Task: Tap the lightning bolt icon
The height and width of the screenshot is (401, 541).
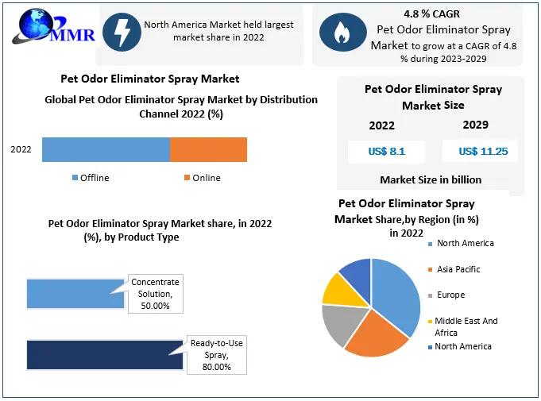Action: point(122,32)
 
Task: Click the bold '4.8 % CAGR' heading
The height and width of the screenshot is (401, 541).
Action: point(431,13)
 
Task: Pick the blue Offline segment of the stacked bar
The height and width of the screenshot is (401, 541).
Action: point(106,149)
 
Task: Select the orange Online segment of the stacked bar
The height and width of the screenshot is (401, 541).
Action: point(208,149)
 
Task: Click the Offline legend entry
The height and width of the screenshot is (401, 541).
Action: point(91,178)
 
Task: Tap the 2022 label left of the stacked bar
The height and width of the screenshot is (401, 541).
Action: point(21,149)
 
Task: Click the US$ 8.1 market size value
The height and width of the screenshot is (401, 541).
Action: point(386,152)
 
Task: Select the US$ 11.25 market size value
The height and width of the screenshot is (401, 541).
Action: point(482,152)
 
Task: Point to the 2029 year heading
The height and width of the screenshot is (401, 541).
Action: point(475,125)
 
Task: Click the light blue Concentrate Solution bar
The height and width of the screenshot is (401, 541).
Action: point(75,294)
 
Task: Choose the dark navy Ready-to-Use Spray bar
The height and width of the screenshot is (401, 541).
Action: point(103,355)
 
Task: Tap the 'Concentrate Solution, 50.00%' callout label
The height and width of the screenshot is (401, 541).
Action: point(156,294)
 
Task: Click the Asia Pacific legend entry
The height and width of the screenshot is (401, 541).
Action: point(458,269)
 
